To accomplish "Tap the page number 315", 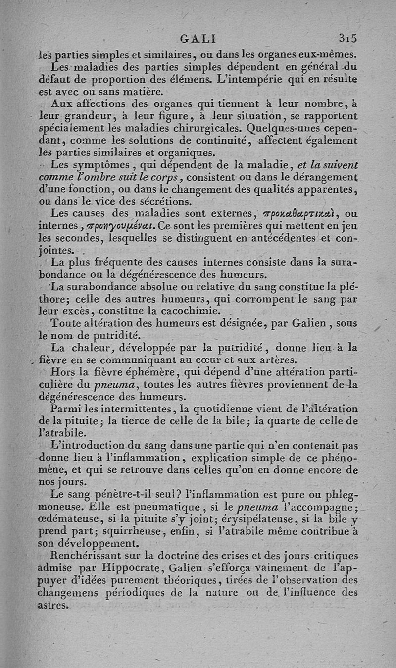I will coord(347,38).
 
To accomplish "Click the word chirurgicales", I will coord(186,128).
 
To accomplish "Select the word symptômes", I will coord(103,165).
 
